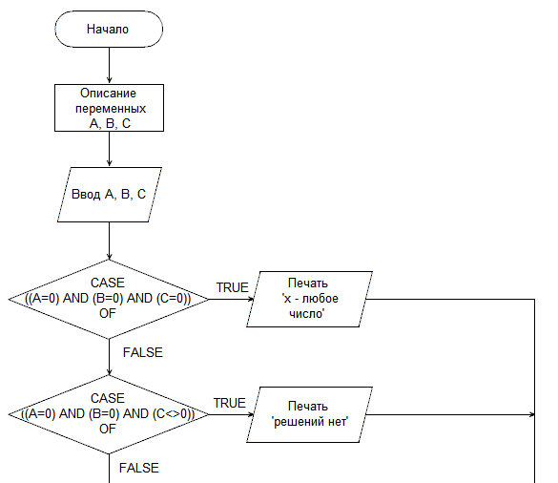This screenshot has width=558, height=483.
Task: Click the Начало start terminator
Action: pos(109,29)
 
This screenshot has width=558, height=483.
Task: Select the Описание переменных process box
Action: pos(110,108)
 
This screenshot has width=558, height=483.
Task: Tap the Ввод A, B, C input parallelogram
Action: pos(110,195)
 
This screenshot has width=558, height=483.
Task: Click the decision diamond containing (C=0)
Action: pos(109,299)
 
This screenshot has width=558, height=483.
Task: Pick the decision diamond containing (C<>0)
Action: pos(109,414)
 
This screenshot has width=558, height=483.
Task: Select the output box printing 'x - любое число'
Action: pos(309,299)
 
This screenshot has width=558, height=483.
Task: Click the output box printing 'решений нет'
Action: pos(309,414)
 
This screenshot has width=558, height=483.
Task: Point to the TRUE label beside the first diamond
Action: pos(233,287)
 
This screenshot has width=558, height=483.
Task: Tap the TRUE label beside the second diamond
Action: pos(230,403)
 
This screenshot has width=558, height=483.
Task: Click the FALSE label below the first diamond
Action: pos(143,352)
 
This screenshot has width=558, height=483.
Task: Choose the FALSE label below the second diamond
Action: pos(139,468)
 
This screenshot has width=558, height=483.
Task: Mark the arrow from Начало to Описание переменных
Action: pos(110,66)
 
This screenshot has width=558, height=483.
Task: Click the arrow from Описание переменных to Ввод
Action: pos(110,149)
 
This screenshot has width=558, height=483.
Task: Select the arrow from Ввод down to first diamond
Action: pos(110,241)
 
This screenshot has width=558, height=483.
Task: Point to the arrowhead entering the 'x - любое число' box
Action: pos(251,299)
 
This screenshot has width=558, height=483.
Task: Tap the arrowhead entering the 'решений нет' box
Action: pos(251,414)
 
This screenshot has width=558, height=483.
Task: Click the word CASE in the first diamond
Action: pos(108,283)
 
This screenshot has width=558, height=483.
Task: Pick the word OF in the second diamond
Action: pos(108,429)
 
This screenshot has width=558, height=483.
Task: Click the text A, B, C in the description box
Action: pos(110,123)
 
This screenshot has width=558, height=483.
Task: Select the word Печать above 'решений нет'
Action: pos(308,406)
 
